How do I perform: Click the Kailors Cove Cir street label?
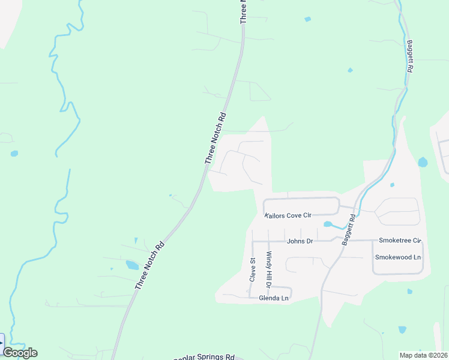289,215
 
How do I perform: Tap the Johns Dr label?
300,241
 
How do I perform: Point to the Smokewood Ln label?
398,257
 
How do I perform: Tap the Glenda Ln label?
274,298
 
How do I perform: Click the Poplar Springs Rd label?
205,357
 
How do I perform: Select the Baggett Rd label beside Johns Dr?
348,230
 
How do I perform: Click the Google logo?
20,353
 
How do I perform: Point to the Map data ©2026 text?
423,355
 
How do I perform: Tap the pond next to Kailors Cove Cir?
328,224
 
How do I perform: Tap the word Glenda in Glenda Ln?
268,298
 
